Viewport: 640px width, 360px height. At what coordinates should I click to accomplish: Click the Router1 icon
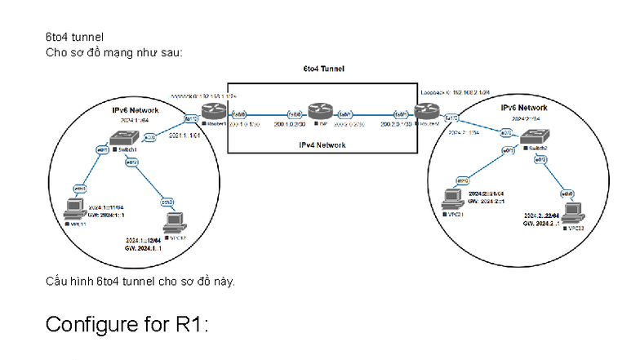click(213, 108)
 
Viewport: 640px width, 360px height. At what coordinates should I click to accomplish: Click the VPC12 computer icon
click(173, 222)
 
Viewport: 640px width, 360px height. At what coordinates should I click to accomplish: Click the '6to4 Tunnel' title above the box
click(322, 69)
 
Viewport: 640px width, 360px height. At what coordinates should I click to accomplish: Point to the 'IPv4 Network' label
click(322, 145)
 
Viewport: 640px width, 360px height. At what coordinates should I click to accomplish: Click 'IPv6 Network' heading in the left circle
click(136, 109)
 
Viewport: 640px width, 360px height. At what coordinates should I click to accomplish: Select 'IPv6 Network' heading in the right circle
click(524, 108)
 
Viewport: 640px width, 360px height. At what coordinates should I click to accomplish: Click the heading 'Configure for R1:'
click(128, 324)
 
